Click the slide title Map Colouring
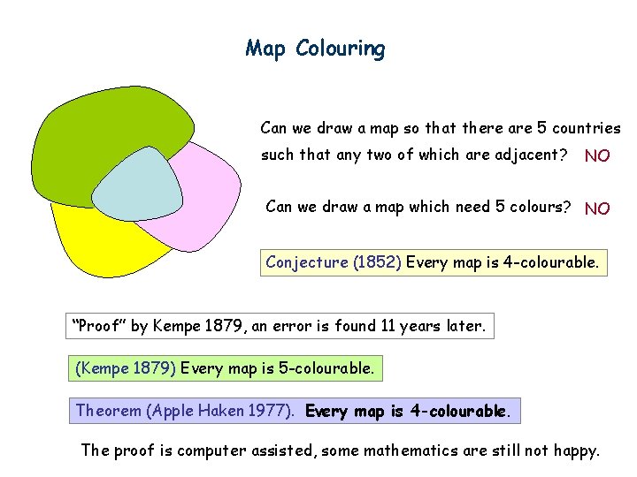click(x=315, y=48)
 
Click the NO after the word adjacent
click(x=597, y=156)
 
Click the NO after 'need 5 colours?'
click(x=597, y=208)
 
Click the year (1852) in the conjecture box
click(x=378, y=262)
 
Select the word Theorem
click(x=109, y=411)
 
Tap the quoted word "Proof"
click(x=99, y=326)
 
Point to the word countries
click(x=589, y=128)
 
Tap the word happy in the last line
click(x=576, y=450)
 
